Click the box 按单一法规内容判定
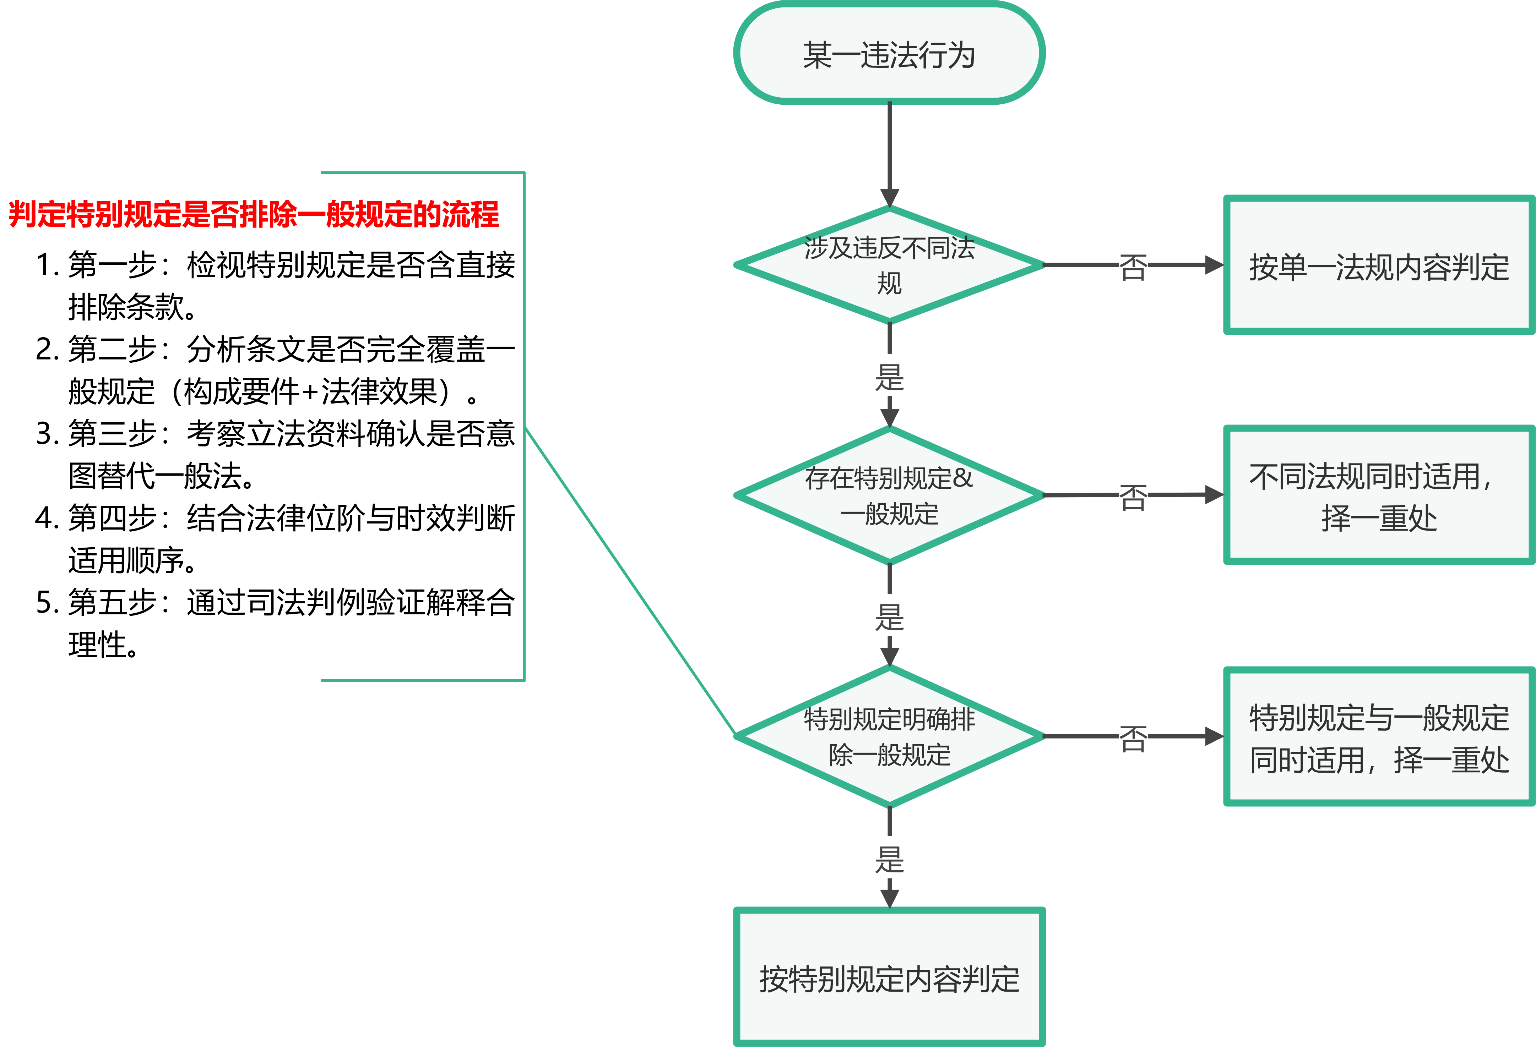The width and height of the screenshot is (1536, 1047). point(1379,265)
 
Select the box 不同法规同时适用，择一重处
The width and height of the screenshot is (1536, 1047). point(1379,495)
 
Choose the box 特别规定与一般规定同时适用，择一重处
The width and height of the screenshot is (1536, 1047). point(1379,737)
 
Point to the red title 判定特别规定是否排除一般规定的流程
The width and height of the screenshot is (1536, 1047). point(254,214)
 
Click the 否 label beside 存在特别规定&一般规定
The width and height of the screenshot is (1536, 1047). point(1133,495)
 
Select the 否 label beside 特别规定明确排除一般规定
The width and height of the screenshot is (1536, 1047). point(1133,736)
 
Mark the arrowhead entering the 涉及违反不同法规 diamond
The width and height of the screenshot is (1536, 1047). point(890,197)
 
